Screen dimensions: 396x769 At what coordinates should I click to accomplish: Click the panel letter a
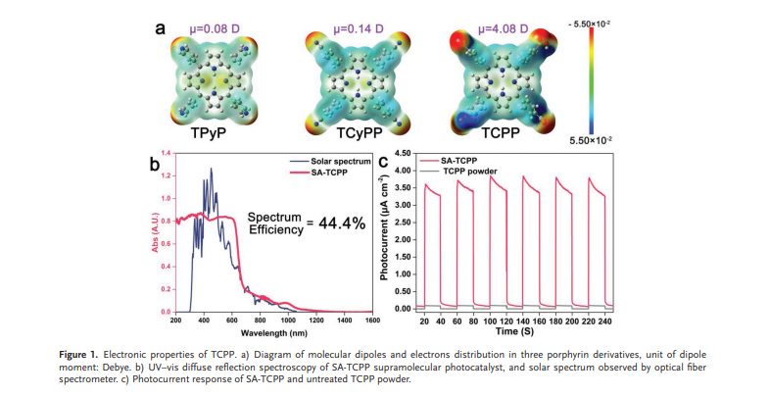point(160,26)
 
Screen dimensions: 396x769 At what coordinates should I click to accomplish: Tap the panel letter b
point(155,165)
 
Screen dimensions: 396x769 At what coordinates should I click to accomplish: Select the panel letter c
point(398,165)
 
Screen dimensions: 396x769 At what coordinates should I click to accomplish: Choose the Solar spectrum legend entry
point(336,160)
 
